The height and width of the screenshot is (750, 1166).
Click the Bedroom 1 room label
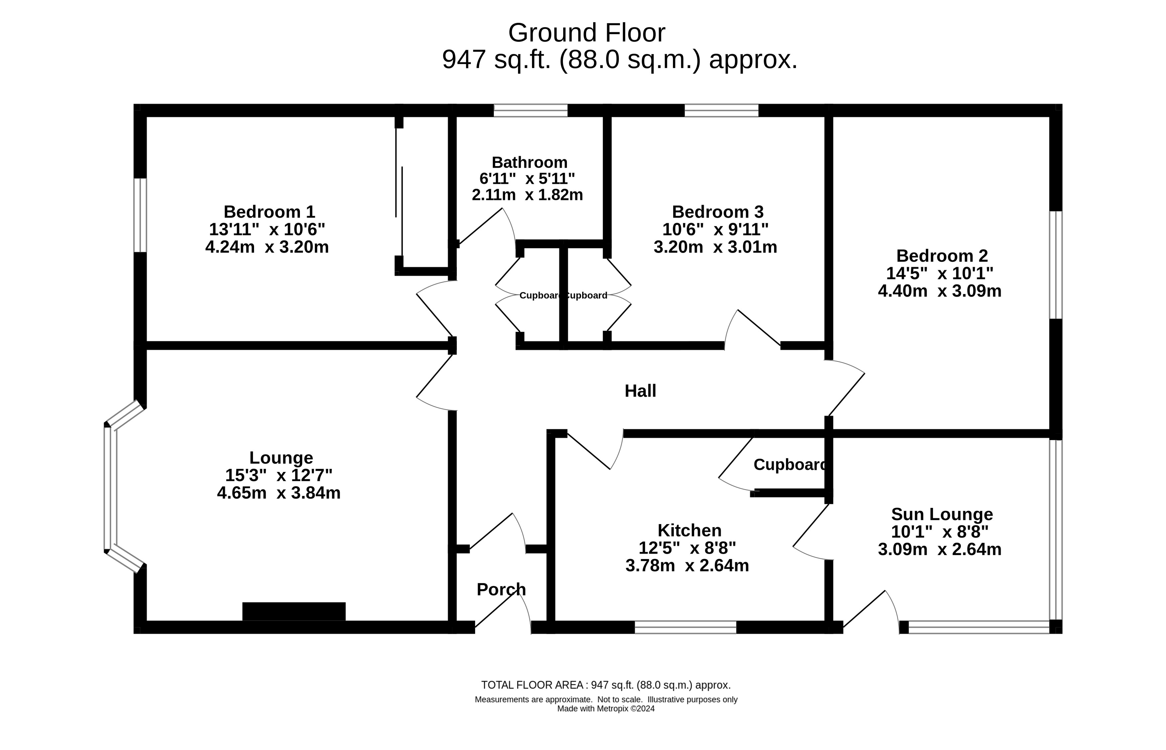(269, 212)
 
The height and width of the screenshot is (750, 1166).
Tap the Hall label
(640, 391)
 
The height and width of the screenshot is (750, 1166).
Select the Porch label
(501, 589)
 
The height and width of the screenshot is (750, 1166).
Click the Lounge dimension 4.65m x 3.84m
(278, 493)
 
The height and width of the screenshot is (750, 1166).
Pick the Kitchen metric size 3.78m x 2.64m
(687, 565)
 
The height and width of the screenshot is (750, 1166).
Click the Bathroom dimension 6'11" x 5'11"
(527, 178)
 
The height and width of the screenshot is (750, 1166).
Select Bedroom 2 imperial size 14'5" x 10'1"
(939, 273)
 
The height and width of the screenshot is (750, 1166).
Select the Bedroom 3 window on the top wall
(721, 111)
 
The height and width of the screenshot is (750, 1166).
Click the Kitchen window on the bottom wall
(685, 627)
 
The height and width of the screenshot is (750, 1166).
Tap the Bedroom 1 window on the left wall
(140, 215)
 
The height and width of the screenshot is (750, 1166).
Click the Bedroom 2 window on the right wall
(1055, 265)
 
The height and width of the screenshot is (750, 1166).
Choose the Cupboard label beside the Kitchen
(789, 465)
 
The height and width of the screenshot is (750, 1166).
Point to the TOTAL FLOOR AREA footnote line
(606, 685)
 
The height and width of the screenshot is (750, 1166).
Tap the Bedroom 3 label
(717, 212)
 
